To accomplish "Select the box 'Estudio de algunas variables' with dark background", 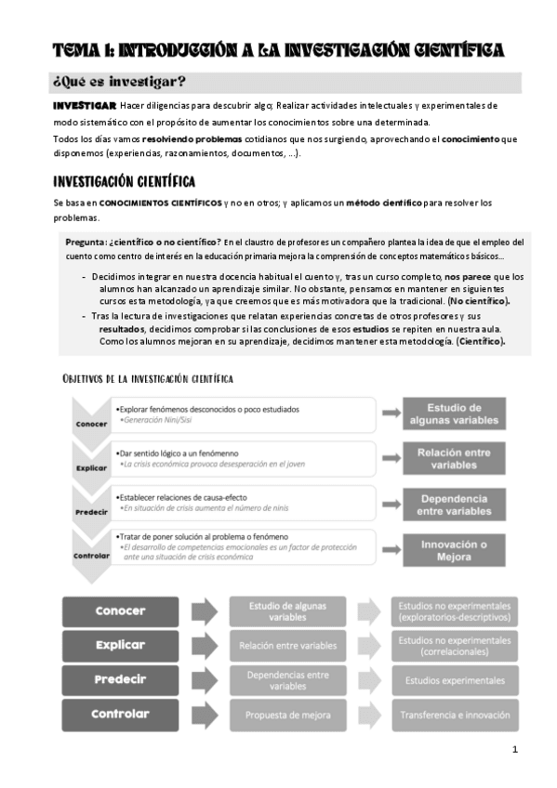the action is (x=453, y=414).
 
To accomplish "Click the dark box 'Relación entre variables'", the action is (x=453, y=457).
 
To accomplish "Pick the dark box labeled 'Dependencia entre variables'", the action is (x=453, y=503).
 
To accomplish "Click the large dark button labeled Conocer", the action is (x=120, y=611).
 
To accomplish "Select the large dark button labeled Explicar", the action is (x=120, y=645).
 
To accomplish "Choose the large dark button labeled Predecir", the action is (x=120, y=679).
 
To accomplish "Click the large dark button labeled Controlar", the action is (x=120, y=714).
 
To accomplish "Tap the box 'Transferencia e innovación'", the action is (x=454, y=715).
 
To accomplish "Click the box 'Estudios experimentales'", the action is (x=454, y=680).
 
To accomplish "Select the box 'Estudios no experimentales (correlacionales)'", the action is (x=454, y=646).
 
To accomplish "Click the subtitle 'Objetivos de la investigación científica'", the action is (x=148, y=378).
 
